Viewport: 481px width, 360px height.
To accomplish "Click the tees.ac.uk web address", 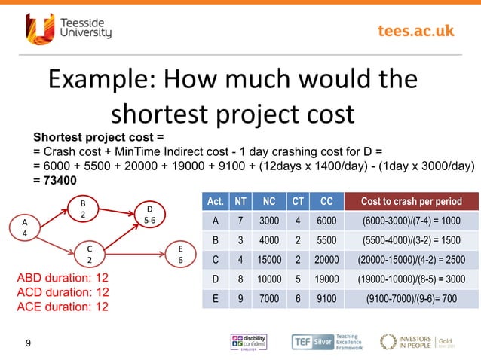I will [415, 30].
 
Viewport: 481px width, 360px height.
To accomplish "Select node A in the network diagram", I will [24, 228].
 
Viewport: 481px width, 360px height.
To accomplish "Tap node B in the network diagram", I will [83, 208].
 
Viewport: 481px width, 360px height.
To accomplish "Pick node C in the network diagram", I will [89, 254].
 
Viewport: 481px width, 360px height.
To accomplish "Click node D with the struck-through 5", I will [149, 214].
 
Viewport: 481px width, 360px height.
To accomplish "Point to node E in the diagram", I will [179, 254].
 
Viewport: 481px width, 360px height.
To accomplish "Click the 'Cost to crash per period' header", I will [412, 202].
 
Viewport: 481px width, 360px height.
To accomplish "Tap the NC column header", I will [268, 202].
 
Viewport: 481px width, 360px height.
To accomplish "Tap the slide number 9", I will [28, 344].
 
